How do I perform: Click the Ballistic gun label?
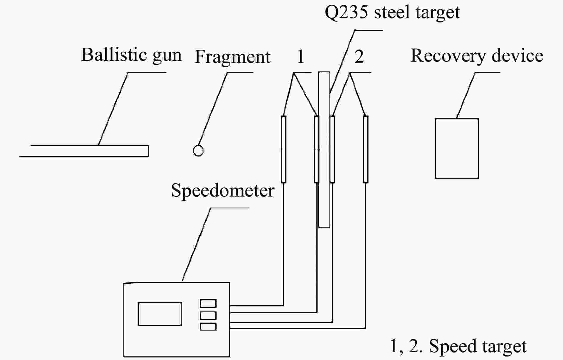[x=131, y=55]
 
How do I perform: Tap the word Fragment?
[x=232, y=57]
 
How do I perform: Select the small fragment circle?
[x=198, y=150]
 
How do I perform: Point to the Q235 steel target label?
[x=392, y=13]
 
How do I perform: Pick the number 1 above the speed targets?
[x=300, y=56]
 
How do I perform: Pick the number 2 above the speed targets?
[x=359, y=56]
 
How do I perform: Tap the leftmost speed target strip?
[x=284, y=149]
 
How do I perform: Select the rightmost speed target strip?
[x=366, y=149]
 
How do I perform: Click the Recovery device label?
[x=477, y=56]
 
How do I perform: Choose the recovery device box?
[x=457, y=149]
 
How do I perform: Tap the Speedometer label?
[x=223, y=191]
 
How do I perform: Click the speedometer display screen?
[x=160, y=314]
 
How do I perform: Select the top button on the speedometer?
[x=208, y=303]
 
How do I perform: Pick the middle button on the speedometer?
[x=208, y=315]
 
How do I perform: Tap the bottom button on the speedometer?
[x=208, y=327]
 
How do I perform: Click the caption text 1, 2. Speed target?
[x=458, y=346]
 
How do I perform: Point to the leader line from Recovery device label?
[x=466, y=95]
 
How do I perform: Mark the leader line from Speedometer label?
[x=197, y=244]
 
